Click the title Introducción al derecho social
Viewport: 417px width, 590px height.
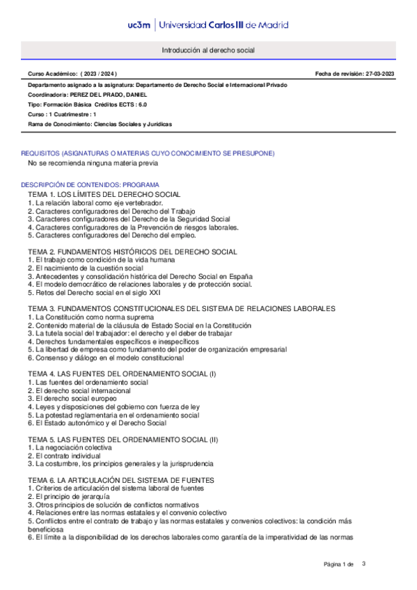[x=208, y=51]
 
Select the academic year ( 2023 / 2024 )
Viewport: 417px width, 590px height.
[x=99, y=73]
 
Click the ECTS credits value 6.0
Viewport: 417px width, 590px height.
[x=141, y=104]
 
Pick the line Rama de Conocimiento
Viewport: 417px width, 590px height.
[x=100, y=123]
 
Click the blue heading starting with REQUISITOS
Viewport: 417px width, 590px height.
[x=148, y=152]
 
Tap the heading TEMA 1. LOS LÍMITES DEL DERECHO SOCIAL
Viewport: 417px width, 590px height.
[x=104, y=193]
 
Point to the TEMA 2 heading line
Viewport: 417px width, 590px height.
[x=133, y=250]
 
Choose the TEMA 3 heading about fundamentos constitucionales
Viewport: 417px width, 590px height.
[x=182, y=308]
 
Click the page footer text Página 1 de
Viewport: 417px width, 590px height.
[x=339, y=564]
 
